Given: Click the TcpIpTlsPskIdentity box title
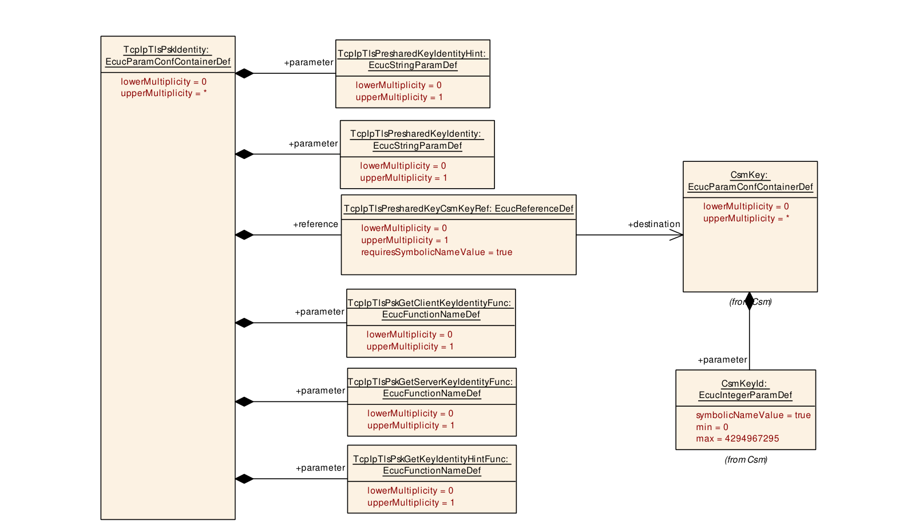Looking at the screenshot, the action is click(168, 55).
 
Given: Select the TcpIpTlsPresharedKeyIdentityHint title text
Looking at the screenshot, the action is click(413, 59).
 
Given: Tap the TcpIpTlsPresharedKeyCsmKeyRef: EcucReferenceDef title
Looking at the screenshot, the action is click(458, 208).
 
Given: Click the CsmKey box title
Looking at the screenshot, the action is click(750, 181).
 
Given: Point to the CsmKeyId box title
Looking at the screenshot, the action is click(745, 389).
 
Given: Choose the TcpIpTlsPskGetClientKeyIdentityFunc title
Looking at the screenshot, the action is click(430, 308).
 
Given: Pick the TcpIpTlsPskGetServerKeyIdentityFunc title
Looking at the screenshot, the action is click(431, 388).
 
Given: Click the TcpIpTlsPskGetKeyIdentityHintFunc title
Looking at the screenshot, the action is click(431, 465).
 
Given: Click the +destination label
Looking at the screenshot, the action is click(654, 224).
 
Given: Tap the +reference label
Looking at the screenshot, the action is click(315, 224).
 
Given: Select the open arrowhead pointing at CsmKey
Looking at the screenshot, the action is click(676, 235).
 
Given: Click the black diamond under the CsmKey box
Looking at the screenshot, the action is click(750, 301).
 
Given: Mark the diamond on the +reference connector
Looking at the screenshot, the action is click(244, 235).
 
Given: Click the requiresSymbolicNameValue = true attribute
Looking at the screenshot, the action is click(437, 252).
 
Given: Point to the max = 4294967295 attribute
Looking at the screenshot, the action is click(737, 439).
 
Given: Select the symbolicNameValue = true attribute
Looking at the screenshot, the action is click(753, 415).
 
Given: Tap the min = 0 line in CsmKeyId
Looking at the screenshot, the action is click(712, 427).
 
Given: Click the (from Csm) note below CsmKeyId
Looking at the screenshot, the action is click(746, 460).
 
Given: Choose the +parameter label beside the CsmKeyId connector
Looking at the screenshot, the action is click(722, 360).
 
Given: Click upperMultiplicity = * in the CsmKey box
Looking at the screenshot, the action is click(746, 218).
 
